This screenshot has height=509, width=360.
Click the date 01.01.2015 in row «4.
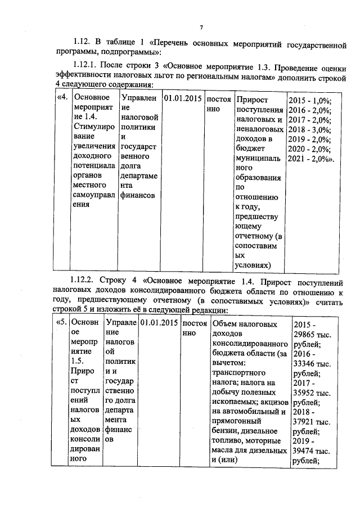182,100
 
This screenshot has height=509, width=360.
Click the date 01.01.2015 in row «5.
159,323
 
